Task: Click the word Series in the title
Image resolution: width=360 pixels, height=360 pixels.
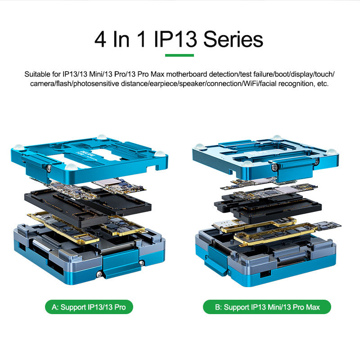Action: click(x=233, y=39)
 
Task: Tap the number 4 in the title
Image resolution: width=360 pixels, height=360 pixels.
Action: click(x=100, y=39)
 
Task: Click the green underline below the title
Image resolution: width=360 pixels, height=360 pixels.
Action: click(x=180, y=55)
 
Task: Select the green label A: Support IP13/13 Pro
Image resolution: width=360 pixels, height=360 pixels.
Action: click(x=89, y=307)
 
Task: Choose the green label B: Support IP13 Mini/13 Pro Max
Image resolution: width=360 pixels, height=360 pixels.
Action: click(x=267, y=307)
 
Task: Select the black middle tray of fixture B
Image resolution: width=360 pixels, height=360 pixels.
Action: click(x=267, y=206)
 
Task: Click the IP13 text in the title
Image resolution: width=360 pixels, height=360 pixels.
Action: click(x=175, y=39)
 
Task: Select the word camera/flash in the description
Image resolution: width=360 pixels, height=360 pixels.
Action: click(x=51, y=84)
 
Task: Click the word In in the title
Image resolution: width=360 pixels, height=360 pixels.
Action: click(x=121, y=39)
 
